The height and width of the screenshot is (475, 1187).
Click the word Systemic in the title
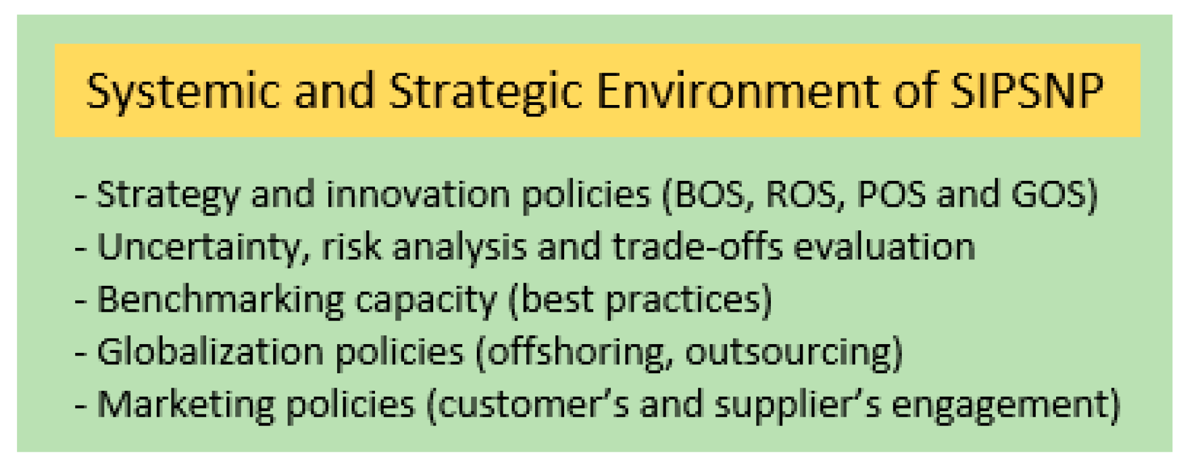(x=183, y=92)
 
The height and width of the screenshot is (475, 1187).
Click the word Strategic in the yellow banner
(x=484, y=92)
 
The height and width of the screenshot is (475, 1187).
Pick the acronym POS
(x=891, y=194)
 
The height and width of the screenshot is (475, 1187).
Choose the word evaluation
(x=883, y=247)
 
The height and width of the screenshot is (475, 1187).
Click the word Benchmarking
(x=221, y=300)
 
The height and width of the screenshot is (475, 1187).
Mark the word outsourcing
(x=789, y=352)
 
